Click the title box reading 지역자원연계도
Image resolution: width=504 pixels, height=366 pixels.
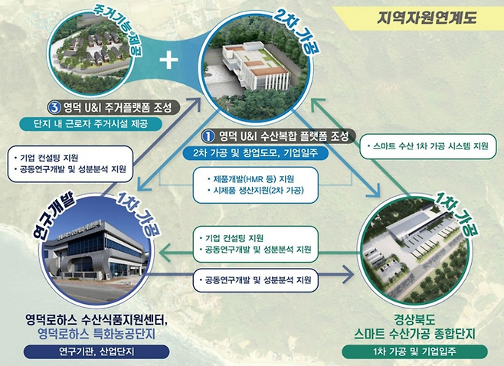pos(430,17)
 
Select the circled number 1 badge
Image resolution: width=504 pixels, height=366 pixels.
pos(206,137)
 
